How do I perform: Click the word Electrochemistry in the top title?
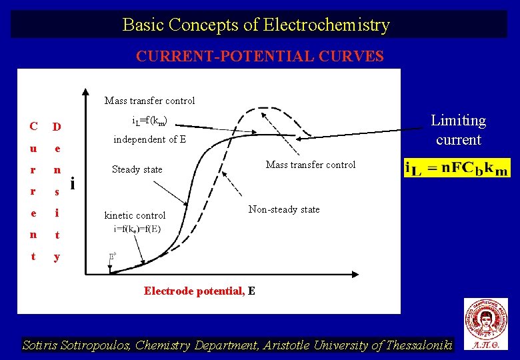pyautogui.click(x=327, y=25)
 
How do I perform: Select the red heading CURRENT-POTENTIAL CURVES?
pyautogui.click(x=260, y=56)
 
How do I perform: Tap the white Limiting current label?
pyautogui.click(x=458, y=130)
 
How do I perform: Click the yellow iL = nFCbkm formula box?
pyautogui.click(x=457, y=167)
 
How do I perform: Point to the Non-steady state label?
pyautogui.click(x=284, y=209)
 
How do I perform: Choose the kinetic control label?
pyautogui.click(x=135, y=215)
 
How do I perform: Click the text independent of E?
pyautogui.click(x=149, y=139)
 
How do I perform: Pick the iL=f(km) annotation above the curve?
pyautogui.click(x=149, y=121)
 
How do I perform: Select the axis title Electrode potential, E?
pyautogui.click(x=199, y=291)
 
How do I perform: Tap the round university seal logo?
pyautogui.click(x=486, y=318)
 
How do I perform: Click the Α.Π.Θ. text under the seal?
pyautogui.click(x=486, y=345)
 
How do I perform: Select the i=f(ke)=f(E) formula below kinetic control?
pyautogui.click(x=137, y=229)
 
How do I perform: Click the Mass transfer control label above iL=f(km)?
pyautogui.click(x=150, y=101)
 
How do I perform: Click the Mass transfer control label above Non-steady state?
pyautogui.click(x=311, y=165)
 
